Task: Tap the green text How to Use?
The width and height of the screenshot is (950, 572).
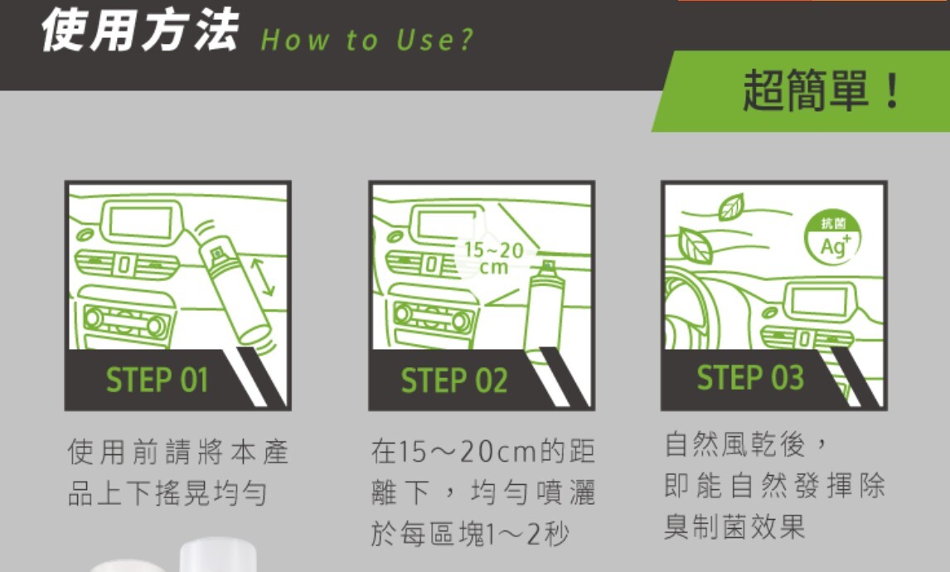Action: [366, 40]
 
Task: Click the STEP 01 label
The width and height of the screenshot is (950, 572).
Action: [157, 380]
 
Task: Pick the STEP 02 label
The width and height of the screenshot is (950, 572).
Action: [453, 381]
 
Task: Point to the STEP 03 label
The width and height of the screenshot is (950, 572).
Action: [750, 377]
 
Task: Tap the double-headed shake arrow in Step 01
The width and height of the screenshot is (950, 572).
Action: [263, 277]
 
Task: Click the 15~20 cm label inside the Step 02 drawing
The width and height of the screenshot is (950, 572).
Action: [494, 258]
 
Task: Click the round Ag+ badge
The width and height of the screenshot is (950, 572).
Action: [833, 238]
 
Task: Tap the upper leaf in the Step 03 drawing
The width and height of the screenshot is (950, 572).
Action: [731, 207]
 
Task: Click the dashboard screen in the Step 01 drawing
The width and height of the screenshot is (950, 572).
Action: [141, 222]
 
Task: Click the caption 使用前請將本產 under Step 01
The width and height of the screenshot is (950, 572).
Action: [178, 452]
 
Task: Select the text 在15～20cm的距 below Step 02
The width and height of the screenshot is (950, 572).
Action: [483, 452]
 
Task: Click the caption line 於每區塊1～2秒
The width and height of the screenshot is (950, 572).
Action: [469, 534]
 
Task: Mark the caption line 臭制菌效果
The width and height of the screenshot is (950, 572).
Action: [734, 526]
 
